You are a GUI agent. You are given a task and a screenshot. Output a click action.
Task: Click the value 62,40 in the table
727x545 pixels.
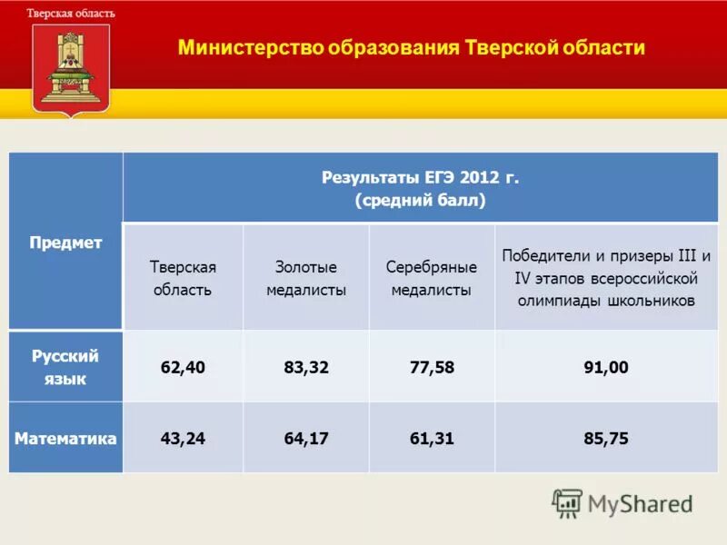pos(183,367)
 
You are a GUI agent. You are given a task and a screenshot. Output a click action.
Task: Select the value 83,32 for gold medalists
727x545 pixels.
pos(306,367)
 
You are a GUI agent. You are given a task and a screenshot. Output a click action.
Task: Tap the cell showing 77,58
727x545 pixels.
pos(432,367)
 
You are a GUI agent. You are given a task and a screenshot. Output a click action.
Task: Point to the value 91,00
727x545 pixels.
pos(606,367)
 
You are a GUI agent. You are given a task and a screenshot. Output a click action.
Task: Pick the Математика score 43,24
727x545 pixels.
pos(183,439)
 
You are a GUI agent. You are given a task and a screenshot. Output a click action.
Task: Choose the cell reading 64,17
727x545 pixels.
pos(306,439)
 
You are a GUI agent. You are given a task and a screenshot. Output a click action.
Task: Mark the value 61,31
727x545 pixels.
pos(432,439)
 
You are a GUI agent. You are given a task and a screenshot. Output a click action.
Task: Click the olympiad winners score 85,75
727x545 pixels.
pos(606,439)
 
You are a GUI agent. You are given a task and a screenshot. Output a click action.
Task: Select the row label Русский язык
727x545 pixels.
pos(65,367)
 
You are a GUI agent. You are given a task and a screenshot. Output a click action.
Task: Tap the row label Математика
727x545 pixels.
pos(65,439)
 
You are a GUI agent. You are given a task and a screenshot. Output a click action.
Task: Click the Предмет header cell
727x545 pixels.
pos(65,243)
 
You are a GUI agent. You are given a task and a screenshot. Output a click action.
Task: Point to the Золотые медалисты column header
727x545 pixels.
pos(306,279)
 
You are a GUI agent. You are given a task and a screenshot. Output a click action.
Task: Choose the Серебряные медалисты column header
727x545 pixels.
pos(432,279)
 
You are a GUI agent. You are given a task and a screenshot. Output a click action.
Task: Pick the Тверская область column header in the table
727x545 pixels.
pos(183,279)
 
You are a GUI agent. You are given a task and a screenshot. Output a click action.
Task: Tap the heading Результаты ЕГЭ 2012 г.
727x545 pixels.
pos(421,177)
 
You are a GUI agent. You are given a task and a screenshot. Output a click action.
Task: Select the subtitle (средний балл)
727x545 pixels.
pos(421,200)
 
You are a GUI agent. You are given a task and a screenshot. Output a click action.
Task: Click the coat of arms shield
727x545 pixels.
pos(71,67)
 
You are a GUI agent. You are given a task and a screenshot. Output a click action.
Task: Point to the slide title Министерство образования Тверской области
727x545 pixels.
pos(412,48)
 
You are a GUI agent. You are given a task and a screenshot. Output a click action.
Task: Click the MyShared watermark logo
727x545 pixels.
pos(622,502)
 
